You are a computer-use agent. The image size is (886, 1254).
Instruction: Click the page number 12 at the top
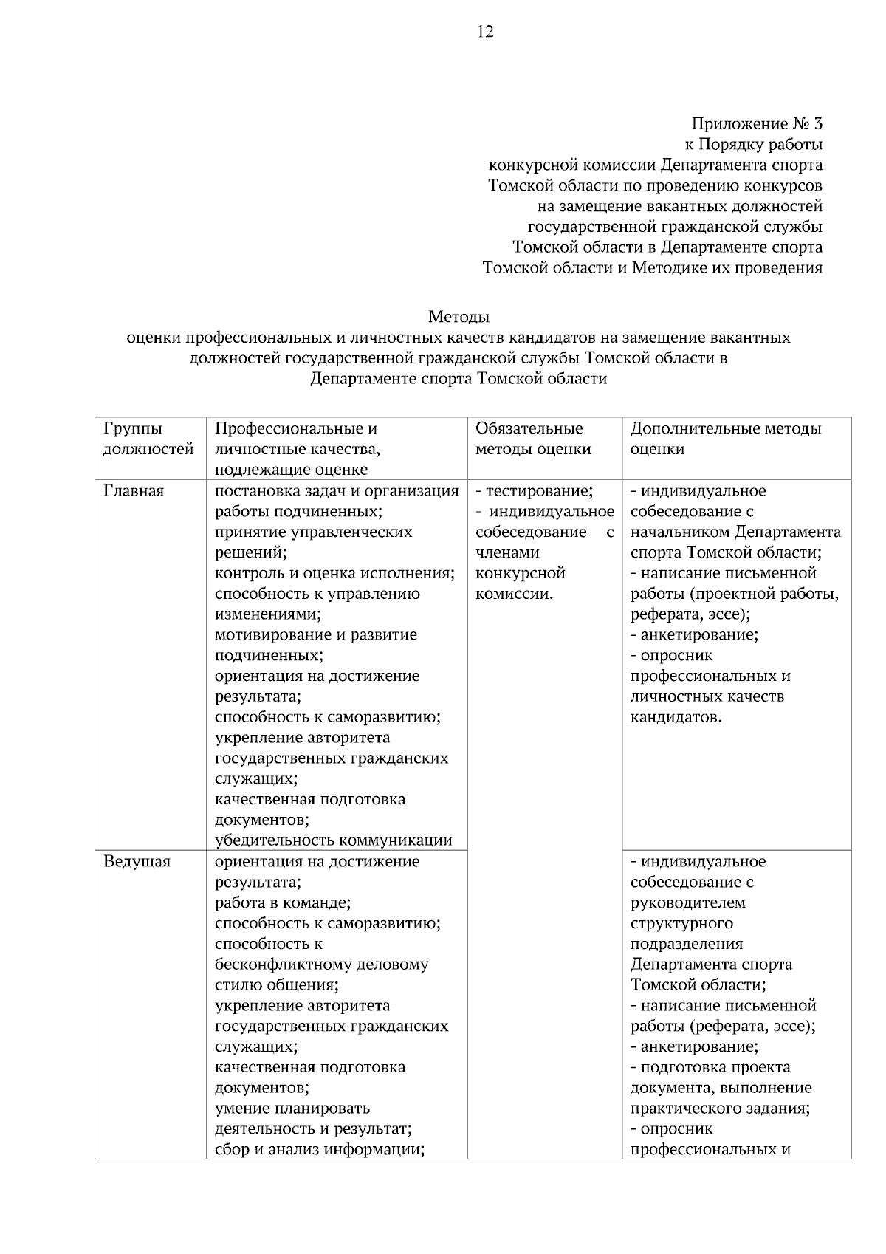click(486, 32)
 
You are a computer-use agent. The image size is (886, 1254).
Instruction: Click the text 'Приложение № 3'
click(757, 123)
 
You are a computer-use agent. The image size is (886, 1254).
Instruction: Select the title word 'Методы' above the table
click(459, 317)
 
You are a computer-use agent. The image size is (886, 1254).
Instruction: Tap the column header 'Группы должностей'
click(148, 439)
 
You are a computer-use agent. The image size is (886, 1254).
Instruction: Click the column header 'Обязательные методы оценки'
click(532, 439)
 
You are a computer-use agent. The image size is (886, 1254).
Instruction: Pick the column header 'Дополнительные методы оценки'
click(725, 439)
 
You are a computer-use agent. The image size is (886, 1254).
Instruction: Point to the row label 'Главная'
click(134, 491)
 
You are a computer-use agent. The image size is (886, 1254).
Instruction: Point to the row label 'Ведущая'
click(137, 861)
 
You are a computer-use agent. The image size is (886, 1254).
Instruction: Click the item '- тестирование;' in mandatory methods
click(535, 491)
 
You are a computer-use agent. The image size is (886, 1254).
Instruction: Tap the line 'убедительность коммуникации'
click(333, 840)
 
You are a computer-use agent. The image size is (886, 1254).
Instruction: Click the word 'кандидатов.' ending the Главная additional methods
click(676, 717)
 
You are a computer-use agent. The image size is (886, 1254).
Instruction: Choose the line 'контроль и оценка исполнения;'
click(334, 573)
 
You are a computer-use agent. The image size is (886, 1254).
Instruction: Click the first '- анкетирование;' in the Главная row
click(694, 634)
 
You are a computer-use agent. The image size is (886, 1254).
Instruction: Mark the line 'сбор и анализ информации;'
click(318, 1149)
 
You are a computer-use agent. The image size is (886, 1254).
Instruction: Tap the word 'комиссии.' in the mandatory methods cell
click(514, 593)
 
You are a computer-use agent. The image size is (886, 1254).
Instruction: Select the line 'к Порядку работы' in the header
click(754, 144)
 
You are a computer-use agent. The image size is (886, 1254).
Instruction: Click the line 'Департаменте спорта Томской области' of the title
click(459, 379)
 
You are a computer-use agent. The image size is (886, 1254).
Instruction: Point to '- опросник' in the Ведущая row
click(671, 1128)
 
